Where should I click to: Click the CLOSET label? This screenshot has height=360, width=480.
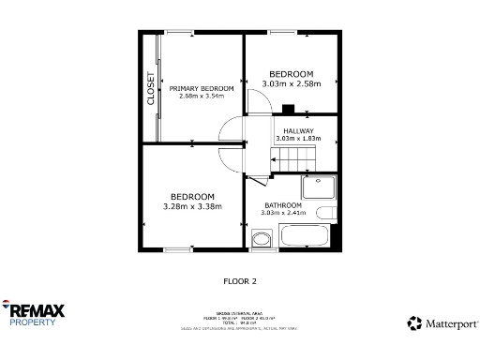click(150, 87)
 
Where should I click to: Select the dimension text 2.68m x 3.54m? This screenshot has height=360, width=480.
click(201, 97)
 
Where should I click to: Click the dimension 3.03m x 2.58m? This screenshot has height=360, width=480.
click(292, 83)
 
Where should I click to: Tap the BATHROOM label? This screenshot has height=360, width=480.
click(282, 205)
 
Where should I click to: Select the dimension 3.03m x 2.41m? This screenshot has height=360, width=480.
click(282, 213)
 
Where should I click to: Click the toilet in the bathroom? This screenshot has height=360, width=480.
click(261, 240)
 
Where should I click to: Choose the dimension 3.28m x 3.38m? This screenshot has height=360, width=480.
click(192, 206)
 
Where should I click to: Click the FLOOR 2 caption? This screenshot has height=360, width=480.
click(239, 280)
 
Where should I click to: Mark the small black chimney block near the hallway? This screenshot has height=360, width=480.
click(289, 109)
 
